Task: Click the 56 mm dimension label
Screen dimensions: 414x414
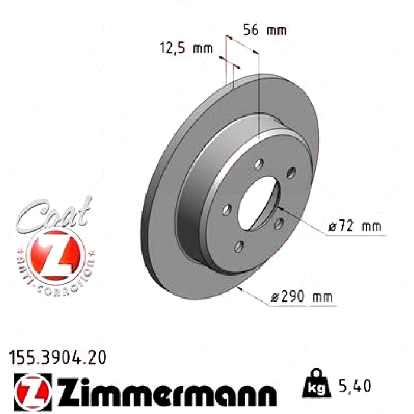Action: pyautogui.click(x=264, y=30)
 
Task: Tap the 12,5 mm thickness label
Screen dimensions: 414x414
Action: pyautogui.click(x=186, y=48)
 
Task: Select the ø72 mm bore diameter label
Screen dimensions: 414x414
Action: pyautogui.click(x=355, y=227)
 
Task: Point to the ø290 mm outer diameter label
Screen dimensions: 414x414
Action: pyautogui.click(x=302, y=297)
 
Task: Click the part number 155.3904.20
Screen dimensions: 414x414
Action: pyautogui.click(x=58, y=357)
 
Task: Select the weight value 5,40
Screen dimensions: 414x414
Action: pyautogui.click(x=354, y=386)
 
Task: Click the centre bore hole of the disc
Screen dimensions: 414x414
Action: pyautogui.click(x=258, y=203)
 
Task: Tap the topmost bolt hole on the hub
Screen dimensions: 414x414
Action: pyautogui.click(x=259, y=164)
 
